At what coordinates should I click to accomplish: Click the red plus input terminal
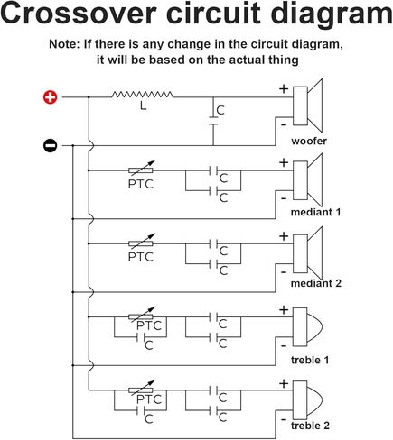coord(50,97)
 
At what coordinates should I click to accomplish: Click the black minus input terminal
coord(50,145)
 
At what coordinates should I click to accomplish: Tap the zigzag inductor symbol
coord(142,95)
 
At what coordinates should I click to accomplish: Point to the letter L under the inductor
coord(144,105)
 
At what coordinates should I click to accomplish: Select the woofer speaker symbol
coord(308,105)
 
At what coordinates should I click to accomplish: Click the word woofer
coord(309,141)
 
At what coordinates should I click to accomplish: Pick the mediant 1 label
coord(315,212)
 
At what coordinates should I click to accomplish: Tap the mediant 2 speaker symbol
coord(308,253)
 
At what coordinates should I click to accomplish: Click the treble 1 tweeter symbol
coord(307,326)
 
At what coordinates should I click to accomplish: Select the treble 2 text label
coord(310,426)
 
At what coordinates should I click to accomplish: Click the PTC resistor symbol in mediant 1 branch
coord(141,170)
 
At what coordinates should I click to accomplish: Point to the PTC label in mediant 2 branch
coord(141,257)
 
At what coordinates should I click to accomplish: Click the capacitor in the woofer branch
coord(213,121)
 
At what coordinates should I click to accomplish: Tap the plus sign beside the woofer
coord(284,88)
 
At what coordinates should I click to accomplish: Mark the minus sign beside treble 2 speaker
coord(284,419)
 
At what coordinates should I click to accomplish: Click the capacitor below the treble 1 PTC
coord(141,337)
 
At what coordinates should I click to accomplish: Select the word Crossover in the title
coord(80,13)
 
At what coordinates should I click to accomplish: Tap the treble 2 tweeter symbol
coord(307,400)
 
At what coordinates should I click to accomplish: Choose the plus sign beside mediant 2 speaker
coord(284,236)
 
